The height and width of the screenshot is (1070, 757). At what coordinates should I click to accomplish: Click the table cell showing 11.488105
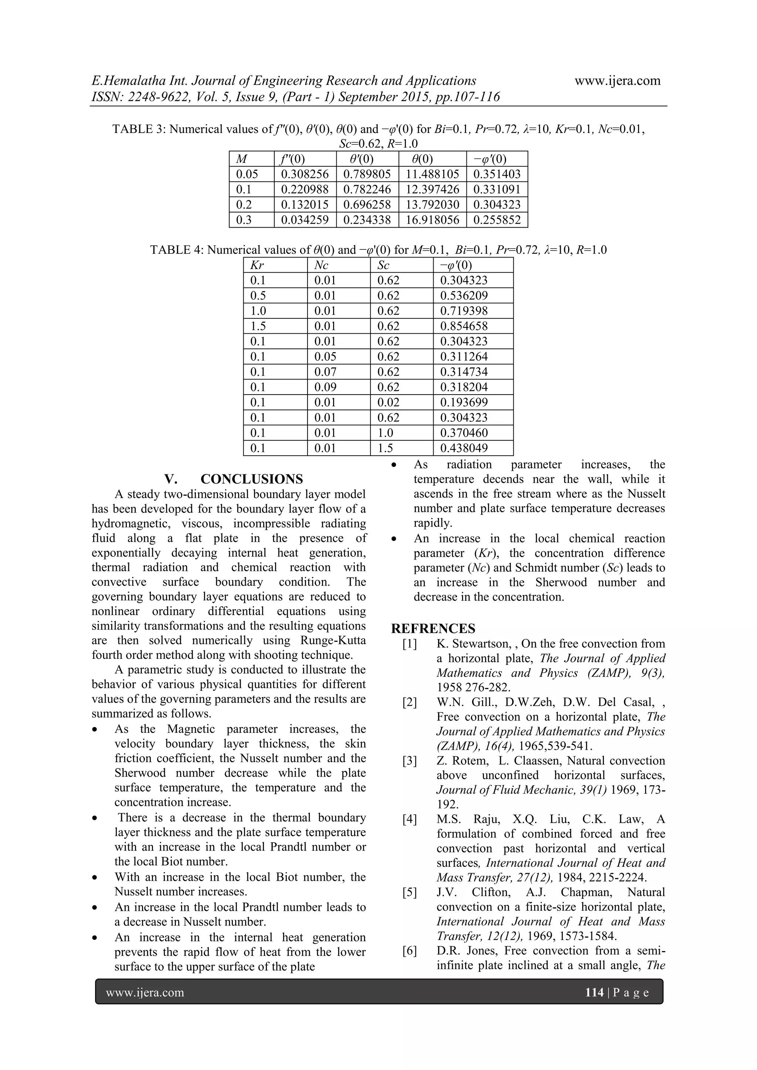[x=432, y=174]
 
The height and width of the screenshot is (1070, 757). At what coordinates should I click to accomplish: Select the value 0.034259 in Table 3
[x=305, y=220]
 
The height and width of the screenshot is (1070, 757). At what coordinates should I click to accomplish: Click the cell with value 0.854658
[x=464, y=326]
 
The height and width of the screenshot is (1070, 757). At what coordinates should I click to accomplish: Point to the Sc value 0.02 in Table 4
[x=388, y=403]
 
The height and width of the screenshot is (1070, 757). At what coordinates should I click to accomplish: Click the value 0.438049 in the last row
[x=464, y=448]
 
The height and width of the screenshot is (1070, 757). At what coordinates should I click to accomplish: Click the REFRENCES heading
[x=433, y=629]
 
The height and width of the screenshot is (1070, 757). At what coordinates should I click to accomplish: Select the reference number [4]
[x=410, y=819]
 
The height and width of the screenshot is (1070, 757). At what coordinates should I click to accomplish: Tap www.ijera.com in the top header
[x=617, y=81]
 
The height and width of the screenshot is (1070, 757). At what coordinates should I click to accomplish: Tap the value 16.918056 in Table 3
[x=432, y=220]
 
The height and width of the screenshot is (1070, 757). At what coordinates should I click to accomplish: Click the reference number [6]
[x=410, y=951]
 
